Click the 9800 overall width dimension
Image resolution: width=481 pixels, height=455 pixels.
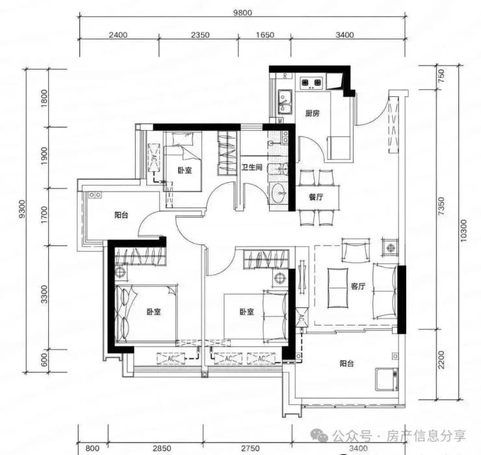point(242,13)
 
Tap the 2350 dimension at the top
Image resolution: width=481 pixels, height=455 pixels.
point(200,35)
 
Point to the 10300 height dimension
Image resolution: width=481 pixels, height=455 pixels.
point(463,230)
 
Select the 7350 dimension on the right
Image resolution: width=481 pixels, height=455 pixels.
point(441,206)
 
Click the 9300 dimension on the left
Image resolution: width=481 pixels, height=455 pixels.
point(22,209)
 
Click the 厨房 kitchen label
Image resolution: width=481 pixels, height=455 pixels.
point(312,113)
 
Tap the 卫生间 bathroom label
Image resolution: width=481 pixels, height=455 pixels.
point(252,167)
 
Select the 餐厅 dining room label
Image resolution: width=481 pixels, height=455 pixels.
point(316,197)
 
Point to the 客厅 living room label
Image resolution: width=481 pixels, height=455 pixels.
point(358,286)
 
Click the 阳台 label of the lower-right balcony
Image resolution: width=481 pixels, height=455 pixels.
point(346,363)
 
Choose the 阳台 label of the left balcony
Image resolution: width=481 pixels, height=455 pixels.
point(122,214)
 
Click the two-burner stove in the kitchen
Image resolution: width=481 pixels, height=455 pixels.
point(311,83)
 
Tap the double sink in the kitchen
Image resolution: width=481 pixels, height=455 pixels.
point(285,102)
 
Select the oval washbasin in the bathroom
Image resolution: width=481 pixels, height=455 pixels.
point(279,193)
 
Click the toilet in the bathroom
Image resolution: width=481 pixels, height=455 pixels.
point(278,169)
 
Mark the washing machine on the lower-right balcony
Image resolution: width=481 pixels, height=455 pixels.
point(387,379)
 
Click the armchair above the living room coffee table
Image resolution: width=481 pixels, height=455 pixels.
point(356,250)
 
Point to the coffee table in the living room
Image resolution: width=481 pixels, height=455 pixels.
point(338,288)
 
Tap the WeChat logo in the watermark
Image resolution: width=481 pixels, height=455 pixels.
point(320,435)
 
